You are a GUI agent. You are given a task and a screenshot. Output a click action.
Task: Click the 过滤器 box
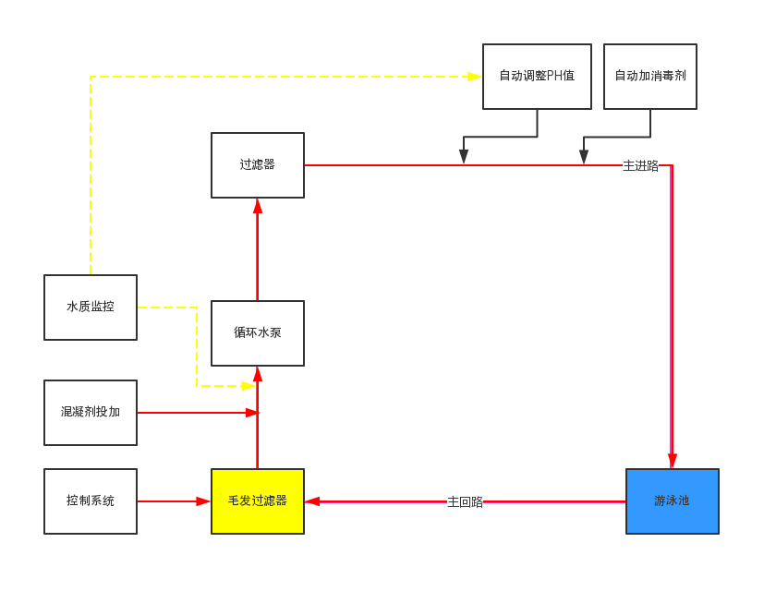[258, 165]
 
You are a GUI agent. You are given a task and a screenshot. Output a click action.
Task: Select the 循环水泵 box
[258, 333]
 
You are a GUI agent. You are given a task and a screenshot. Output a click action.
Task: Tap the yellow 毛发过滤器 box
[258, 501]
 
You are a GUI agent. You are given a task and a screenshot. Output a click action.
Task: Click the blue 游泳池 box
[673, 501]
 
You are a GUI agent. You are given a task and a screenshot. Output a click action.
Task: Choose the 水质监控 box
[91, 308]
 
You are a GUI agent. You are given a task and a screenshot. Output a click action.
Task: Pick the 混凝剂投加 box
[91, 413]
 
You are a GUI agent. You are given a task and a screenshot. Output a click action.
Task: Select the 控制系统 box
[91, 501]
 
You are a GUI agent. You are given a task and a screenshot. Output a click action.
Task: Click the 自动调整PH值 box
[537, 77]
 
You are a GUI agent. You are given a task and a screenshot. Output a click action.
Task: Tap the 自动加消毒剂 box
[650, 77]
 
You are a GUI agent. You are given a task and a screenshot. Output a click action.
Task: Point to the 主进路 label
[641, 166]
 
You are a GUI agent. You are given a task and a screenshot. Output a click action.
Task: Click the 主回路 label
[466, 502]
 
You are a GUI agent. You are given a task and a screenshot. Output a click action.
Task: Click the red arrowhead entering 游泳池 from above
[673, 461]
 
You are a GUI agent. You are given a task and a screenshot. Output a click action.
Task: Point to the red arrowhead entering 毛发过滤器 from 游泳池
[312, 501]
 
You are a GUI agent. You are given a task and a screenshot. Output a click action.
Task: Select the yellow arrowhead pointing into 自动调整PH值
[475, 77]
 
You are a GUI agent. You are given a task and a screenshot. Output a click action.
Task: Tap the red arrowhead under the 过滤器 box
[258, 205]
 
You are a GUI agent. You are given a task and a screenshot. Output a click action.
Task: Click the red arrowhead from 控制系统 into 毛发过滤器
[203, 501]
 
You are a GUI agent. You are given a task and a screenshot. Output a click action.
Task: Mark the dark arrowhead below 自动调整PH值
[464, 157]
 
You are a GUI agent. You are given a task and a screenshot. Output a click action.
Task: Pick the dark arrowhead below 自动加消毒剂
[584, 157]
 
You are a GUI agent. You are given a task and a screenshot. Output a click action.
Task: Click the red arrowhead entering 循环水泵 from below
[258, 374]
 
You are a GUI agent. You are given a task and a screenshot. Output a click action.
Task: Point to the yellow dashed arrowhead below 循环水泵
[249, 386]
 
